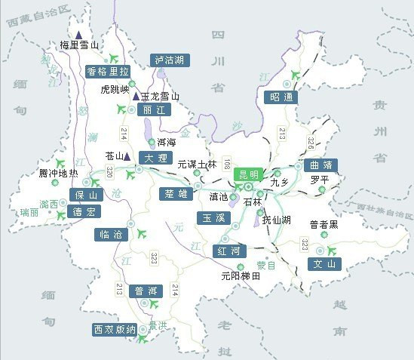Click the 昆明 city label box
pyautogui.click(x=248, y=174)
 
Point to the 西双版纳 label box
pyautogui.click(x=115, y=330)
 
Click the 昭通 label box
pyautogui.click(x=282, y=97)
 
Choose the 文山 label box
pyautogui.click(x=325, y=264)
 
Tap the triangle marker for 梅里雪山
pyautogui.click(x=78, y=34)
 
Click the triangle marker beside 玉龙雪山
pyautogui.click(x=136, y=97)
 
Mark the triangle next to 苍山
pyautogui.click(x=127, y=157)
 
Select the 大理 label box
pyautogui.click(x=157, y=158)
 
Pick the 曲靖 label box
pyautogui.click(x=320, y=165)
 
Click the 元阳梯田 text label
pyautogui.click(x=241, y=277)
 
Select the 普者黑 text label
pyautogui.click(x=324, y=225)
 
